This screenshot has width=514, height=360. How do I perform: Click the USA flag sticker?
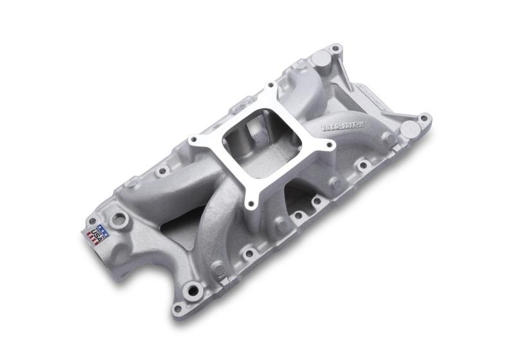pos(98,232)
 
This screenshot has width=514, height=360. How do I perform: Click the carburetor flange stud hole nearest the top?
pos(270,85)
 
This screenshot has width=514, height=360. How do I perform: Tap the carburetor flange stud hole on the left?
pos(191,137)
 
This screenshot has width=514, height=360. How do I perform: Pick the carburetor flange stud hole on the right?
pos(330,145)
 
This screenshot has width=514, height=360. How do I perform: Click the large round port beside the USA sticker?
pos(119,220)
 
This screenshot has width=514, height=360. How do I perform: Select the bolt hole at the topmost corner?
pos(334,49)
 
